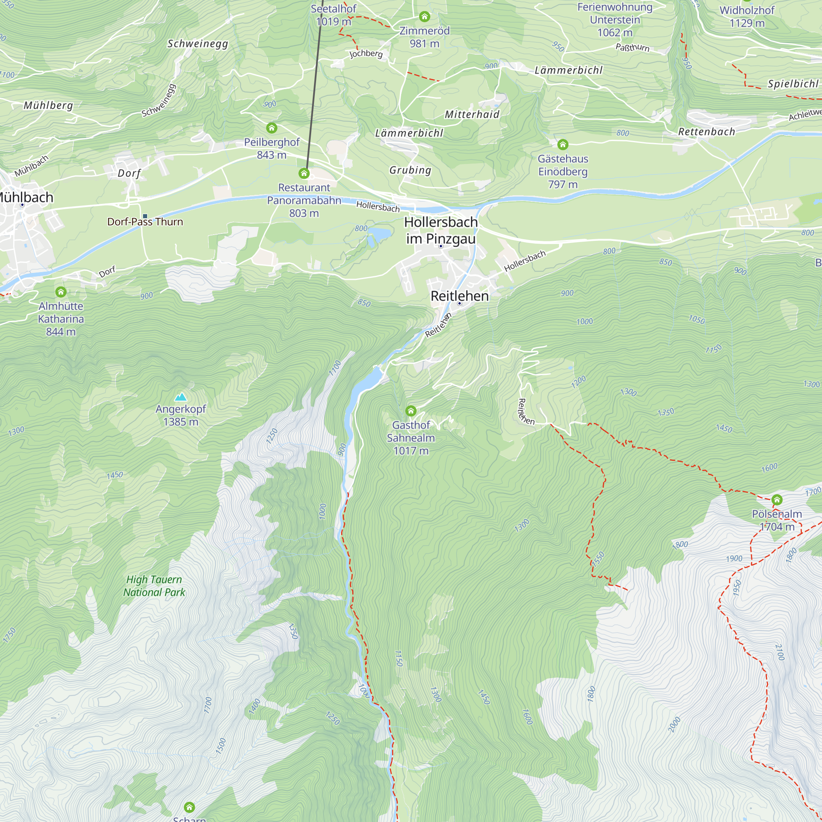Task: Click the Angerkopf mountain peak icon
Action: (181, 397)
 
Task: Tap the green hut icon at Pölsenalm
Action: (777, 499)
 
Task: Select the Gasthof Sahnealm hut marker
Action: (411, 411)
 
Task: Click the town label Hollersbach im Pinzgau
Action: (441, 230)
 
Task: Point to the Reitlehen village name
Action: (459, 296)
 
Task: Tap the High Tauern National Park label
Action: (154, 586)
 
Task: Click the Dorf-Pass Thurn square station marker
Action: (145, 216)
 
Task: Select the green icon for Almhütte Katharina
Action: (61, 291)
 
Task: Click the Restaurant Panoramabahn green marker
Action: (304, 173)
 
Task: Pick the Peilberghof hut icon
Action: (271, 128)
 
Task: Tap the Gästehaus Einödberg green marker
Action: (563, 145)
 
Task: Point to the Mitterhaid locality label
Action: (472, 114)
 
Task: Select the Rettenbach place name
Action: (706, 132)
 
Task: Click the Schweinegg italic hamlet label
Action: (198, 44)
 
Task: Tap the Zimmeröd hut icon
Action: (424, 16)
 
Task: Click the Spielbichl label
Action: (793, 84)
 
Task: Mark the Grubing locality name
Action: (410, 170)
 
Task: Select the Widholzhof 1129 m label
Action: (747, 16)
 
